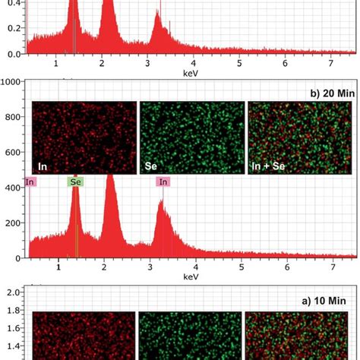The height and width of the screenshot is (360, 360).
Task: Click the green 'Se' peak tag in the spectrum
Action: coord(75,182)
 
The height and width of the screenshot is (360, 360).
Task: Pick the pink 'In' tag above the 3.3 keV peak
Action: coord(163,182)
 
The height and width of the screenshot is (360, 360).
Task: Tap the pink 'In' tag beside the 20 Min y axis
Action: coord(30,182)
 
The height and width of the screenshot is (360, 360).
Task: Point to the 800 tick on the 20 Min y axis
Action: coord(11,117)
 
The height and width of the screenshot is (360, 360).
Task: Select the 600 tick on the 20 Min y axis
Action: coord(11,152)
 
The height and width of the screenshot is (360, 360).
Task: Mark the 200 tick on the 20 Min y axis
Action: coord(11,223)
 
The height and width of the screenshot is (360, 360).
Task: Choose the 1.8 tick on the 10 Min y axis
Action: coord(11,310)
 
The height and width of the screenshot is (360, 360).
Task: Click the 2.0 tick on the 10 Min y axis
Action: coord(11,292)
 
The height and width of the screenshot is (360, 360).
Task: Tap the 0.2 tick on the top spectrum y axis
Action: coord(11,27)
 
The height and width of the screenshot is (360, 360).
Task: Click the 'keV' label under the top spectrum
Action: coord(190,73)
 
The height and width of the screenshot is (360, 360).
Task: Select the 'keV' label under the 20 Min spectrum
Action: coord(190,278)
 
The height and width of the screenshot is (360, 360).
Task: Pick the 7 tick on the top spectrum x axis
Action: coord(331,63)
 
